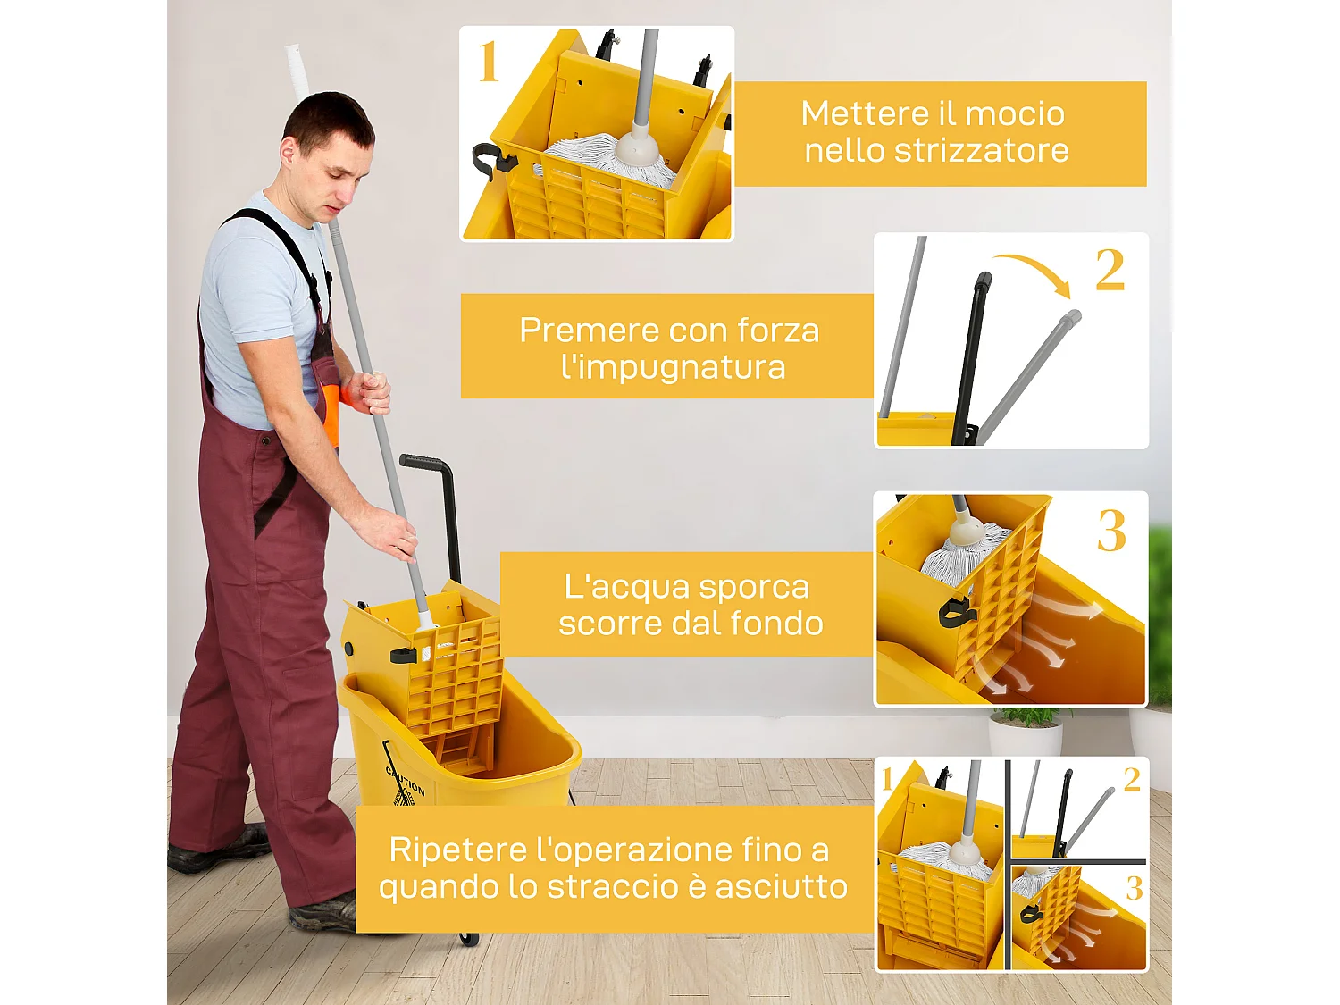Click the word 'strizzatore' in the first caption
tap(981, 151)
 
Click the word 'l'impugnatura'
tap(673, 367)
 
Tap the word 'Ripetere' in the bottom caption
tap(456, 850)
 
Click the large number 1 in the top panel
tap(488, 63)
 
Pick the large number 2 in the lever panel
tap(1110, 270)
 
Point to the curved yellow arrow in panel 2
tap(1034, 272)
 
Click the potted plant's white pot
tap(1025, 738)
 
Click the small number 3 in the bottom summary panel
tap(1134, 888)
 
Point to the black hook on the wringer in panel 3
tap(954, 612)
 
